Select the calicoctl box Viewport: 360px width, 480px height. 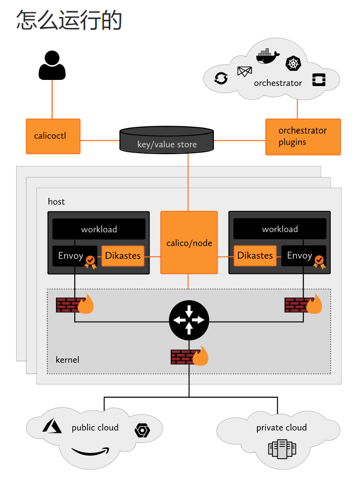point(53,136)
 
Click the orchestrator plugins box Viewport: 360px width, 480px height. point(303,137)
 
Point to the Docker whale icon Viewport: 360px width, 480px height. point(268,57)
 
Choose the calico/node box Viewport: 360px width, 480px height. point(189,243)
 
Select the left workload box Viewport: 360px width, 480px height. point(99,229)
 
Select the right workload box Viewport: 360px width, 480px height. point(280,229)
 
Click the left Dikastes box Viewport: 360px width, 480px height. point(123,256)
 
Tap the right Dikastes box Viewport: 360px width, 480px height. point(255,256)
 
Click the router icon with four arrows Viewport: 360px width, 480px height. point(189,320)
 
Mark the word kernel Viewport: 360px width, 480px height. point(67,360)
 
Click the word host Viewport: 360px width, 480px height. point(56,202)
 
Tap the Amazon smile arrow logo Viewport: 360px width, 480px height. point(90,452)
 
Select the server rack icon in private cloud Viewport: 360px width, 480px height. point(282,449)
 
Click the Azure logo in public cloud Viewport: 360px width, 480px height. point(52,426)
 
